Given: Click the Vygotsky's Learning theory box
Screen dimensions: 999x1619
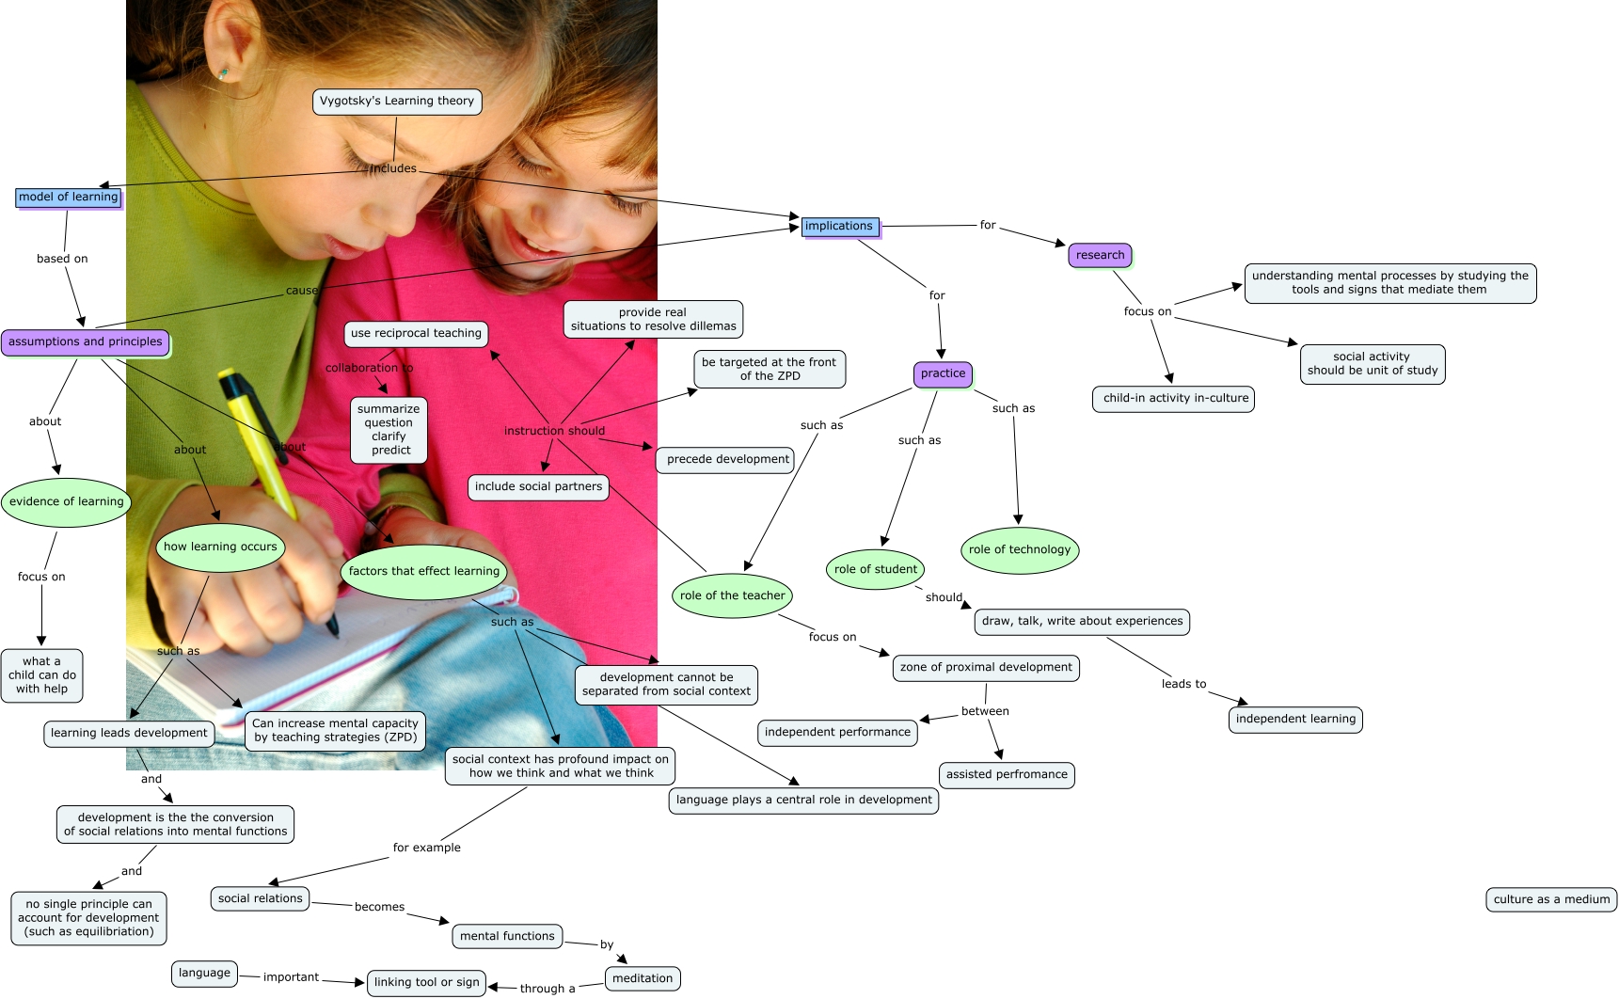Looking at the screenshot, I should click(x=397, y=102).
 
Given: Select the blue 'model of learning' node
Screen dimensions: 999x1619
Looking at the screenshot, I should click(x=69, y=198).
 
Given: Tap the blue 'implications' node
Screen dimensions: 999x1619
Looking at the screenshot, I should click(x=839, y=227).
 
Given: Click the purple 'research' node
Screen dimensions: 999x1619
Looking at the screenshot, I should click(x=1100, y=255).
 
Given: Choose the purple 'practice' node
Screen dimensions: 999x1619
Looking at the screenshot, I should click(x=943, y=373).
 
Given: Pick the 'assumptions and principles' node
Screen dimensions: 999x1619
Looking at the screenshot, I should click(x=86, y=342).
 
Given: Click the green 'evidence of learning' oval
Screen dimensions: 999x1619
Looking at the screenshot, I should click(x=67, y=502).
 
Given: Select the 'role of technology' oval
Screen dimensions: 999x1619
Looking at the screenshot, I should click(x=1020, y=550).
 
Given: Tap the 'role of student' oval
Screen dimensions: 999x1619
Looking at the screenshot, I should click(x=875, y=570).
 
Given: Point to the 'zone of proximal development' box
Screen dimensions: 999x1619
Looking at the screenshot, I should click(x=986, y=668).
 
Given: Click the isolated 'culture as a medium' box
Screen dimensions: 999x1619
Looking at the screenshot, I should click(x=1551, y=899).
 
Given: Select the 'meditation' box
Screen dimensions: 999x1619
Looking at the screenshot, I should click(x=643, y=978).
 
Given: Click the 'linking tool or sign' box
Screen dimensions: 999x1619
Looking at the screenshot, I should click(x=427, y=983).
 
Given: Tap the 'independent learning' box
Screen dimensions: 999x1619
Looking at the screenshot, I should click(x=1295, y=720).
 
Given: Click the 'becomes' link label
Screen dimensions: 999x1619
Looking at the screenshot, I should click(x=380, y=907).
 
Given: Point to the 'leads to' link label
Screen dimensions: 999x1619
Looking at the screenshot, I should click(x=1183, y=684).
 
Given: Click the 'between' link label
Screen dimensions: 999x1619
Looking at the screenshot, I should click(x=985, y=711).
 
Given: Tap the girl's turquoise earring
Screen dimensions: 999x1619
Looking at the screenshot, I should click(x=224, y=72).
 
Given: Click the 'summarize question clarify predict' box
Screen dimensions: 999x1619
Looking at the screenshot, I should click(x=389, y=430).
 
